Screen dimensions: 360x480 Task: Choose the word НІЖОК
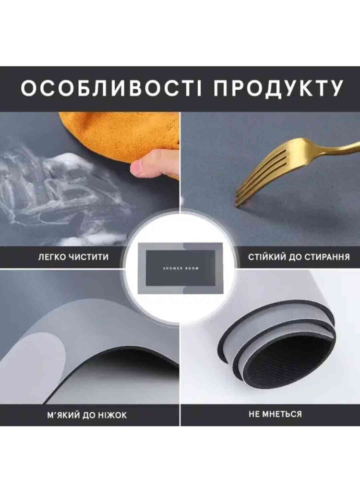[112, 415]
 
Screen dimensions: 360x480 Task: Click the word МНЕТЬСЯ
[283, 414]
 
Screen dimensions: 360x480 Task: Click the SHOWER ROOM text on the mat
[181, 268]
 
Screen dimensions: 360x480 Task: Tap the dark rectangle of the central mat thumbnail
[180, 268]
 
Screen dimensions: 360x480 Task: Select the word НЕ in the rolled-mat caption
[255, 414]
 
